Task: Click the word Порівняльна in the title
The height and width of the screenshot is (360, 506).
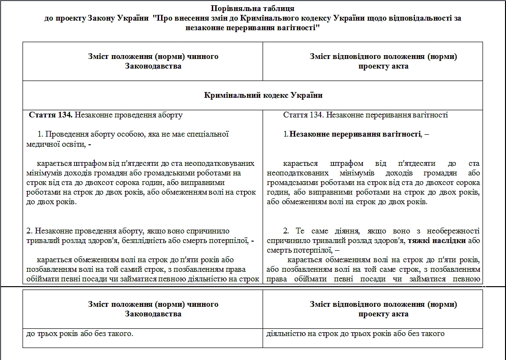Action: click(231, 9)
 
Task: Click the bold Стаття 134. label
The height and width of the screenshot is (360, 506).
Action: click(50, 115)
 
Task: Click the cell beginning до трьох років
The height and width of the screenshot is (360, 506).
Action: click(80, 333)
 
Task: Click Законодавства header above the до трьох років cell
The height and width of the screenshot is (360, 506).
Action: click(153, 314)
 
